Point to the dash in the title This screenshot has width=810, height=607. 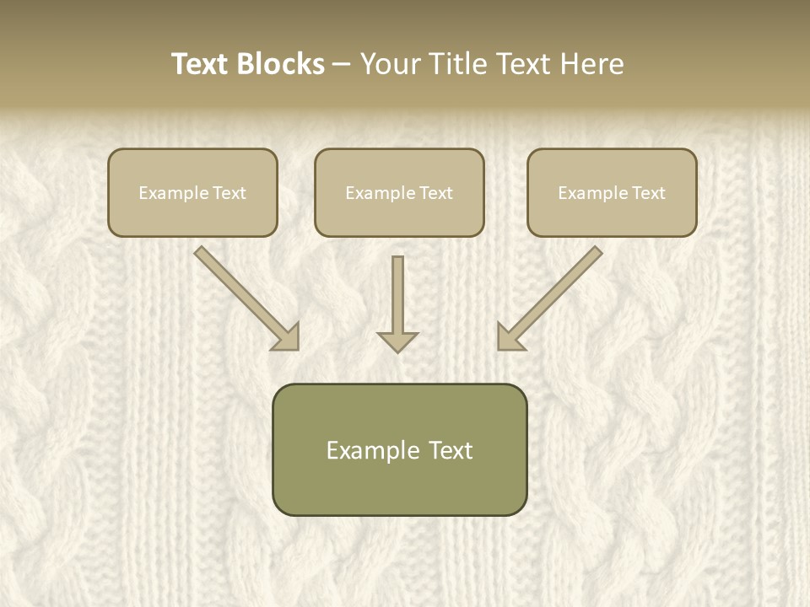pyautogui.click(x=342, y=65)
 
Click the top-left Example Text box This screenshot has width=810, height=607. pyautogui.click(x=192, y=192)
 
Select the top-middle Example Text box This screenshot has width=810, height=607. pyautogui.click(x=399, y=192)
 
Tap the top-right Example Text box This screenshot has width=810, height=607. pyautogui.click(x=612, y=192)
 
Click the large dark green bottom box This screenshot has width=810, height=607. pyautogui.click(x=399, y=449)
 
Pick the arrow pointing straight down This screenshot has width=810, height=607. pyautogui.click(x=397, y=299)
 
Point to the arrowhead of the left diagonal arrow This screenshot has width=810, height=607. pyautogui.click(x=288, y=337)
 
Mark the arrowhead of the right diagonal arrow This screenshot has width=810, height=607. pyautogui.click(x=509, y=337)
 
